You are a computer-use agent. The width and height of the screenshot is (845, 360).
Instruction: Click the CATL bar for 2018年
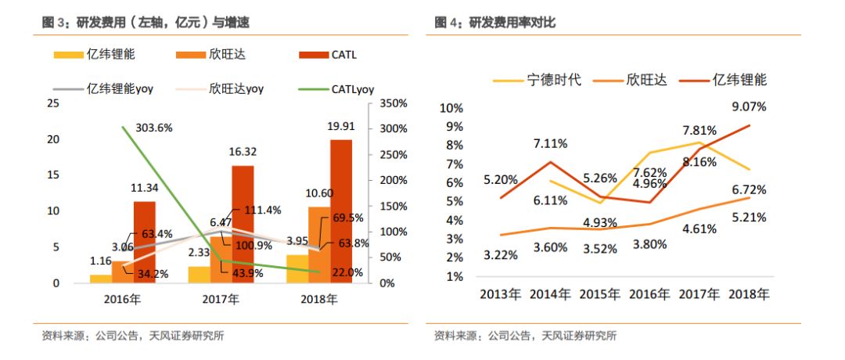click(340, 211)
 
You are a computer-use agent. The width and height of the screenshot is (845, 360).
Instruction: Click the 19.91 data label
click(341, 127)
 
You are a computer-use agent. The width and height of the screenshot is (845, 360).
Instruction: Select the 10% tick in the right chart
click(453, 108)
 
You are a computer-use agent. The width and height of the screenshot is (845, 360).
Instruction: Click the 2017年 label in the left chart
click(220, 299)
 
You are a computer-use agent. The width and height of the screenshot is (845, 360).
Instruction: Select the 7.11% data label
click(552, 144)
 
